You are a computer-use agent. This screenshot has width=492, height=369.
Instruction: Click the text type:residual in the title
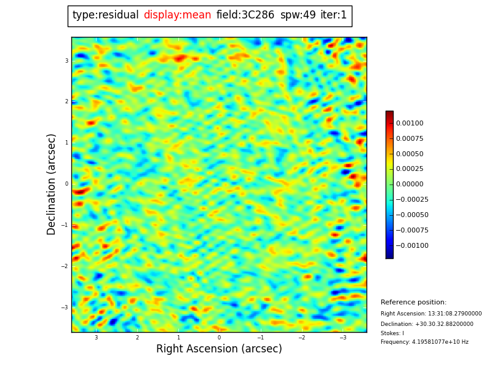coord(105,15)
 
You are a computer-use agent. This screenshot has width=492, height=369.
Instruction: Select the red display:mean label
coord(177,15)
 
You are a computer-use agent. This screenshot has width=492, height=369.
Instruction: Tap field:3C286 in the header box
coord(245,15)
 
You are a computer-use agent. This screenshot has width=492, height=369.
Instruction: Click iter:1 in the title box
coord(333,15)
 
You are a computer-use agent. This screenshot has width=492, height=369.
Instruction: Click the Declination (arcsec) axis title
coord(52,184)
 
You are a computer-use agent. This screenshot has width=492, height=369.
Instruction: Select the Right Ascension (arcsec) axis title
coord(219,349)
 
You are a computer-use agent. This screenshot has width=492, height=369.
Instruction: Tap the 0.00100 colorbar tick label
coord(410,124)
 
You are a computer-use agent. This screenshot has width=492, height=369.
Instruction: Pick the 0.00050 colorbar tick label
coord(410,154)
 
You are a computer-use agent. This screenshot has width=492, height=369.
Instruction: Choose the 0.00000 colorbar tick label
coord(410,184)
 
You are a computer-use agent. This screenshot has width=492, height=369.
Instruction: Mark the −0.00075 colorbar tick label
coord(411,230)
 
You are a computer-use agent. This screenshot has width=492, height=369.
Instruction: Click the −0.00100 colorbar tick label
coord(411,245)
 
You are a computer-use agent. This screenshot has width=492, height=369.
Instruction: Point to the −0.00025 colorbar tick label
coord(411,200)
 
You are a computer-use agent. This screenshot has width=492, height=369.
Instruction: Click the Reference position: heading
coord(413,303)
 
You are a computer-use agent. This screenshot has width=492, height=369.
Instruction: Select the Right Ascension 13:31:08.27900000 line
coord(431,314)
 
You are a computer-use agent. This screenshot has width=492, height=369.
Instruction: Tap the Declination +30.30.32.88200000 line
coord(427,324)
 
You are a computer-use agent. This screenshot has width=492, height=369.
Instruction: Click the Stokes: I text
coord(392,333)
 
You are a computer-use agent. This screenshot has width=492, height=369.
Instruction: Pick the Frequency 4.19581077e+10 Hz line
coord(424,342)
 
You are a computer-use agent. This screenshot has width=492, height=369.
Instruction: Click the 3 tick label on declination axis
coord(66,61)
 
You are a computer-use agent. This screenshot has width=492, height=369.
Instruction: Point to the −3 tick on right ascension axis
coord(343,338)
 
